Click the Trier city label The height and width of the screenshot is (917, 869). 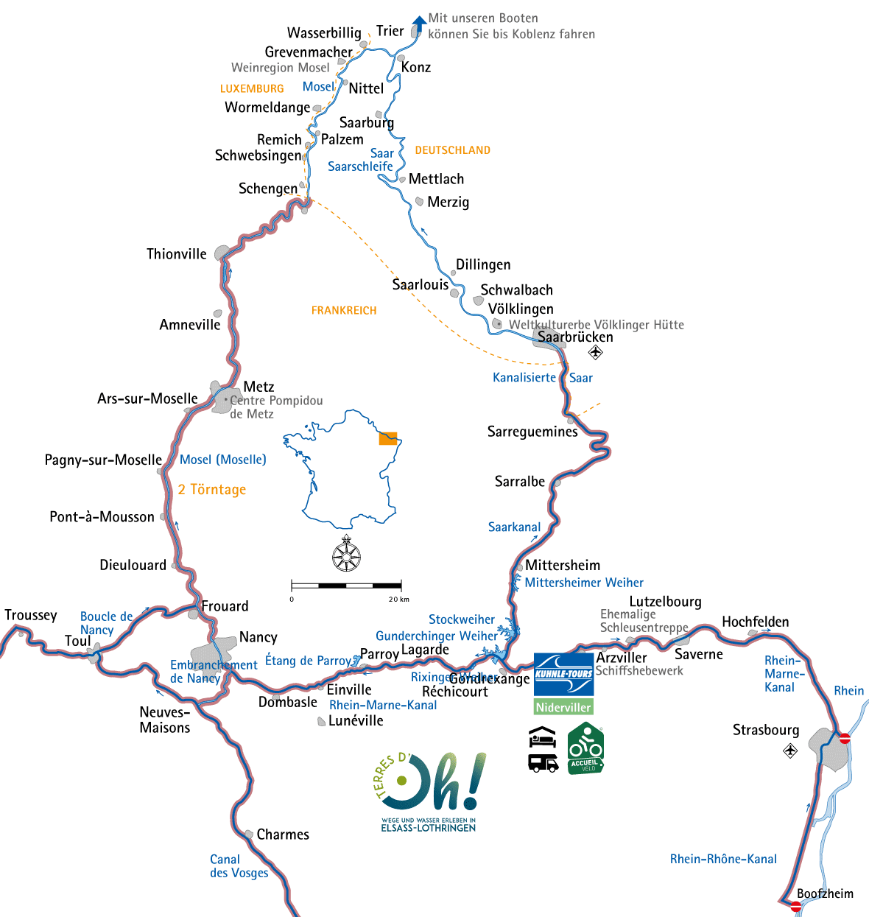[390, 31]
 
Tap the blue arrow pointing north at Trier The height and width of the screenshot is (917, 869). [418, 25]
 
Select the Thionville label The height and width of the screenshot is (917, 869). [177, 254]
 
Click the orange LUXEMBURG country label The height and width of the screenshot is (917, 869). [252, 88]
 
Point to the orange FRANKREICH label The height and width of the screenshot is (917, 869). [344, 311]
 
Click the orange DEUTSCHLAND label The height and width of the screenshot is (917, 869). [452, 150]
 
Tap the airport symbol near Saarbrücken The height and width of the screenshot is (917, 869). [596, 353]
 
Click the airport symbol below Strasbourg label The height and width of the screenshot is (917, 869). [790, 751]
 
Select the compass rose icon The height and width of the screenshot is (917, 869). [346, 555]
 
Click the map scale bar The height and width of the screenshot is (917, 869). [346, 586]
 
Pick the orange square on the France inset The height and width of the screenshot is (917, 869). [388, 438]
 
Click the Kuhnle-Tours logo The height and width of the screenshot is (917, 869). [563, 674]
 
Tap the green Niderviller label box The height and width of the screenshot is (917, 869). [563, 707]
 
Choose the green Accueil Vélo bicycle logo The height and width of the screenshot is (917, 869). [585, 748]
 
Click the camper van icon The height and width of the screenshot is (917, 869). [543, 762]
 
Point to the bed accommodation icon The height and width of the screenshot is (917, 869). [543, 736]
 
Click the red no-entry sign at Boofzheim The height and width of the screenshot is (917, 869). [796, 907]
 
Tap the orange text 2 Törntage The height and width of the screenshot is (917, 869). [212, 490]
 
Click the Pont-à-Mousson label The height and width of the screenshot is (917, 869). [102, 517]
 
